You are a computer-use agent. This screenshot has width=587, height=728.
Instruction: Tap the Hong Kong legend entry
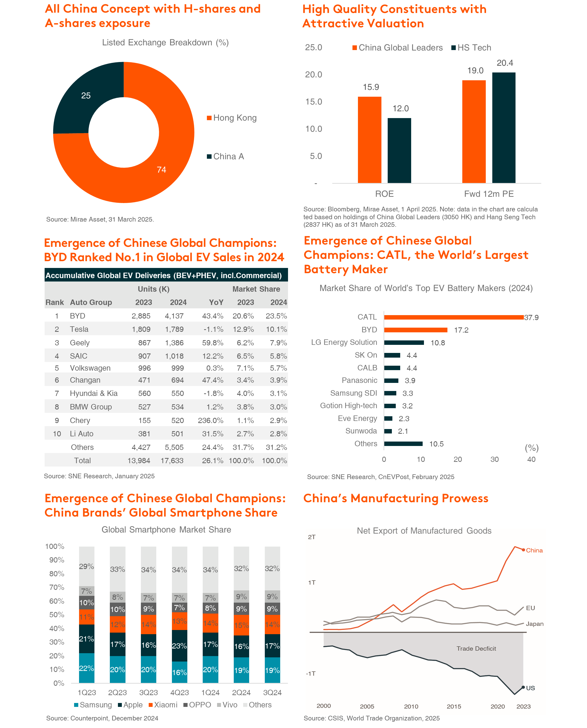pyautogui.click(x=232, y=118)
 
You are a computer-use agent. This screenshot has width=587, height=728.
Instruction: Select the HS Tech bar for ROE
pyautogui.click(x=399, y=151)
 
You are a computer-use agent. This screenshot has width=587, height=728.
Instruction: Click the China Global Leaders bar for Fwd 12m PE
pyautogui.click(x=474, y=132)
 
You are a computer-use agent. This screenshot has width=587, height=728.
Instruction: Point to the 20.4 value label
pyautogui.click(x=505, y=63)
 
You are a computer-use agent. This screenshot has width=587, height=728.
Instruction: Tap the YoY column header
pyautogui.click(x=216, y=302)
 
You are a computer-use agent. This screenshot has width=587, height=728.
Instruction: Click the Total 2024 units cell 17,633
pyautogui.click(x=172, y=461)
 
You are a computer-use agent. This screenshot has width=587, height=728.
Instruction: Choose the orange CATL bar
pyautogui.click(x=454, y=317)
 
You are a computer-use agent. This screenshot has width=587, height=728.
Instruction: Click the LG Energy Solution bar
pyautogui.click(x=404, y=342)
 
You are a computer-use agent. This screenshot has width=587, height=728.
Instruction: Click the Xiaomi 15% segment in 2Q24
pyautogui.click(x=241, y=625)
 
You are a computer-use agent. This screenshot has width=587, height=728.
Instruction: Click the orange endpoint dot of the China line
pyautogui.click(x=523, y=550)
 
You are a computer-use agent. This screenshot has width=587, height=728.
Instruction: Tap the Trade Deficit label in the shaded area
pyautogui.click(x=476, y=649)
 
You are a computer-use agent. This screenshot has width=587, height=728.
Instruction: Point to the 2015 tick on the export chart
pyautogui.click(x=454, y=706)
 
